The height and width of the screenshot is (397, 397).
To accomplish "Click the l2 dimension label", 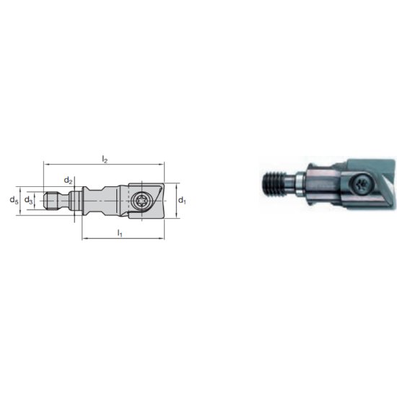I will pos(104,158).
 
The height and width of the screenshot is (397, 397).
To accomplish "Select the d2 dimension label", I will pos(68,180).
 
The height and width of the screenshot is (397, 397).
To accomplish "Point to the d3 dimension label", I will pos(28,199).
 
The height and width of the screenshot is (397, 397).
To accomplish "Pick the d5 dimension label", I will pos(14,199).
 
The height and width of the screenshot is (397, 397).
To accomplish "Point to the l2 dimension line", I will pos(104,165).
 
